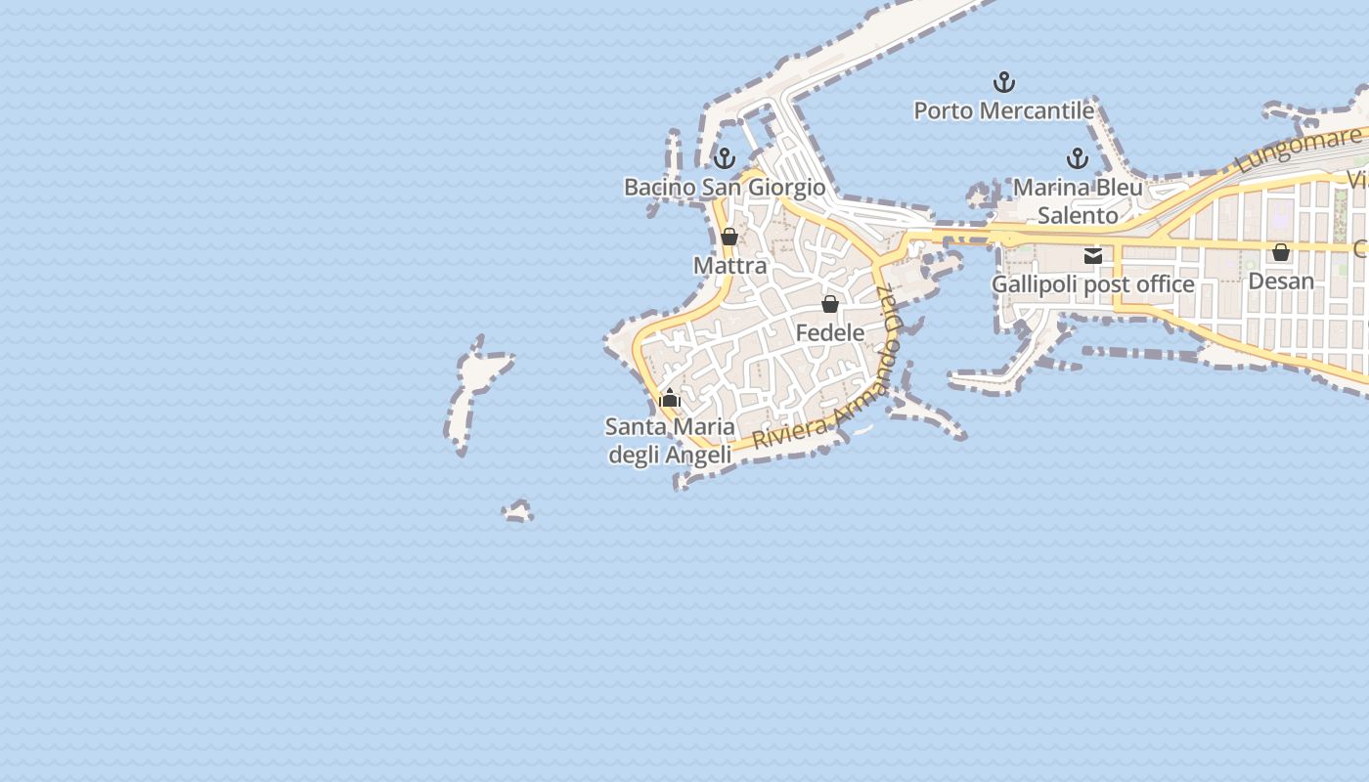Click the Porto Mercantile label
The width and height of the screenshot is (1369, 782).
click(x=1003, y=110)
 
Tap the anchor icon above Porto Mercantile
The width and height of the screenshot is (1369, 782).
click(x=1003, y=82)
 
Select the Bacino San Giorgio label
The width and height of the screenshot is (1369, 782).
click(x=725, y=187)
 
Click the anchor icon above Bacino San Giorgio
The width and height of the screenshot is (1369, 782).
click(x=725, y=157)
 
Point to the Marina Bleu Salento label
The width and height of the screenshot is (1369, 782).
click(x=1078, y=200)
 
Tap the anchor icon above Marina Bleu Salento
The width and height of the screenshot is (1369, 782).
click(x=1078, y=158)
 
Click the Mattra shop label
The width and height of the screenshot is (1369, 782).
click(x=729, y=265)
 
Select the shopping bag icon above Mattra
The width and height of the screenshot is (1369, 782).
click(x=729, y=237)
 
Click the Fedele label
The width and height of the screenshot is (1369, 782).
click(x=830, y=332)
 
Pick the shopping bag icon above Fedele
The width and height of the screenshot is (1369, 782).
click(x=830, y=304)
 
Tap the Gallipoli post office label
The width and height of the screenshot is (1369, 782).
click(x=1093, y=284)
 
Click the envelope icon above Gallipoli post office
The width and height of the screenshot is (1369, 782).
click(x=1093, y=256)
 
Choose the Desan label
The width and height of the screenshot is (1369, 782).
click(x=1281, y=281)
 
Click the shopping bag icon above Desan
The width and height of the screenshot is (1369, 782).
click(x=1281, y=252)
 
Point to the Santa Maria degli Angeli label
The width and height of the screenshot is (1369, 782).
click(x=670, y=441)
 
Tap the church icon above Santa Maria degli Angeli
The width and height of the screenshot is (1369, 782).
click(x=670, y=398)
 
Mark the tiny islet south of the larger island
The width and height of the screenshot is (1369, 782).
click(x=518, y=511)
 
